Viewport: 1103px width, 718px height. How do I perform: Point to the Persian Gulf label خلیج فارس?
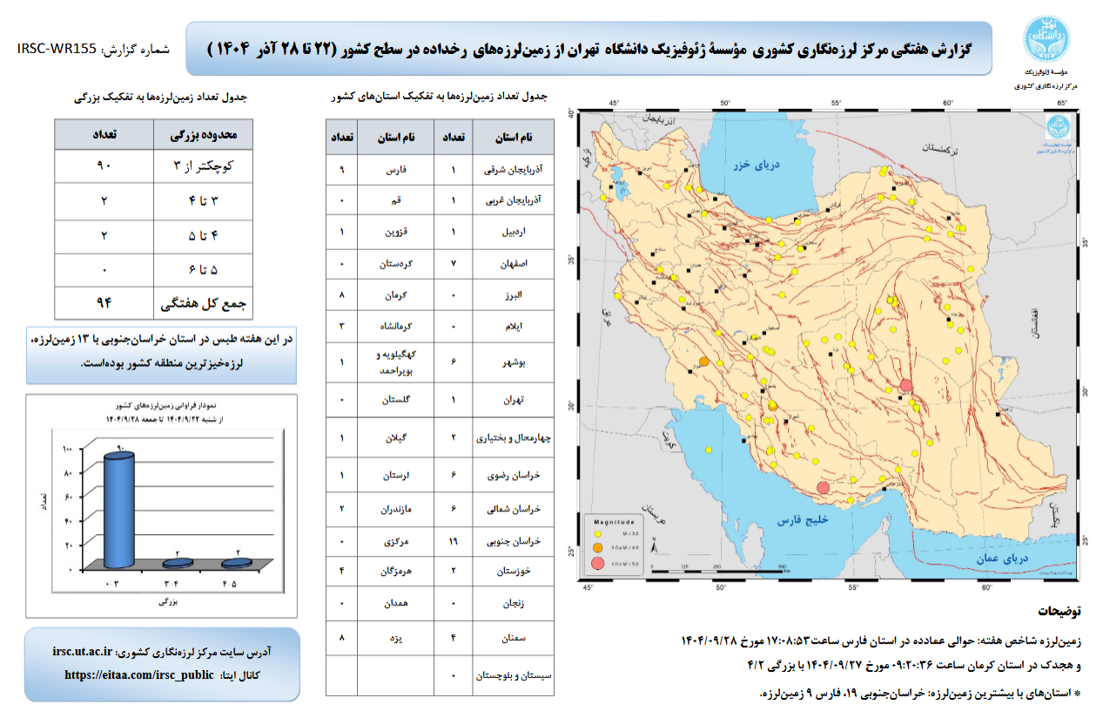pyautogui.click(x=799, y=520)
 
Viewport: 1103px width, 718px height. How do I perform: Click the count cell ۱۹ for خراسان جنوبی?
pyautogui.click(x=454, y=541)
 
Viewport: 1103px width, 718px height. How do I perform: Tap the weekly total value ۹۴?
pyautogui.click(x=105, y=303)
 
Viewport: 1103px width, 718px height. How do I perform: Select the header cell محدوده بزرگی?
pyautogui.click(x=204, y=135)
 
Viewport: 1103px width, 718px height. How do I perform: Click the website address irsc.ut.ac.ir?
pyautogui.click(x=82, y=651)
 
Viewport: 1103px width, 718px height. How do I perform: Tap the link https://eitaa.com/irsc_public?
pyautogui.click(x=139, y=674)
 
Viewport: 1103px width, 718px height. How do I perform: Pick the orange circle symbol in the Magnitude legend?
pyautogui.click(x=598, y=547)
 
